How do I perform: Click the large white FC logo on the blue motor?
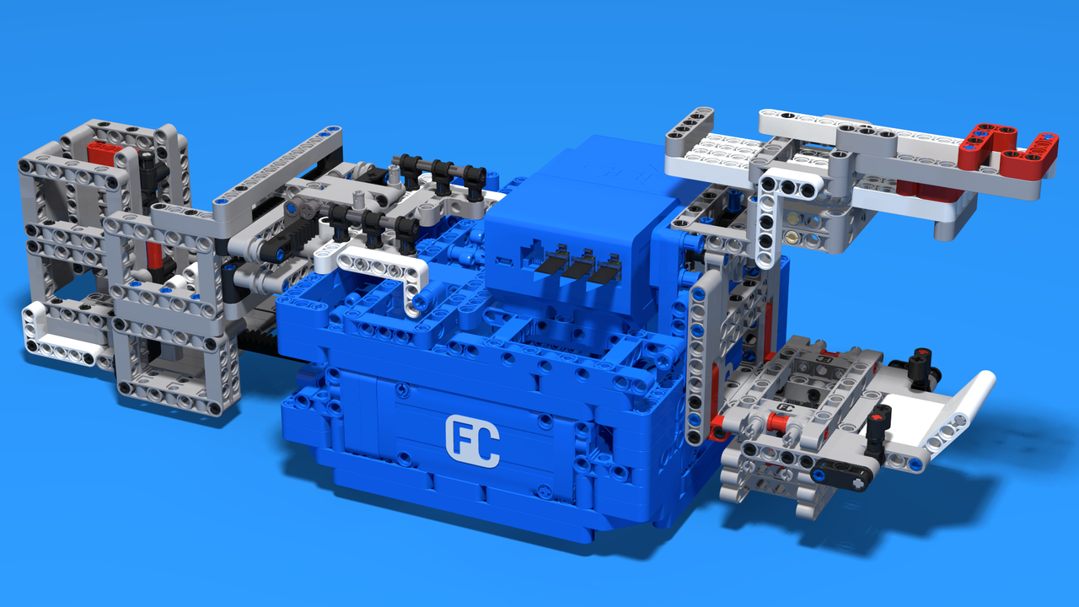click(x=473, y=441)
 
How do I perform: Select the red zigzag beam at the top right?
click(x=1007, y=146)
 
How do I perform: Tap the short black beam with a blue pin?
click(x=842, y=474)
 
